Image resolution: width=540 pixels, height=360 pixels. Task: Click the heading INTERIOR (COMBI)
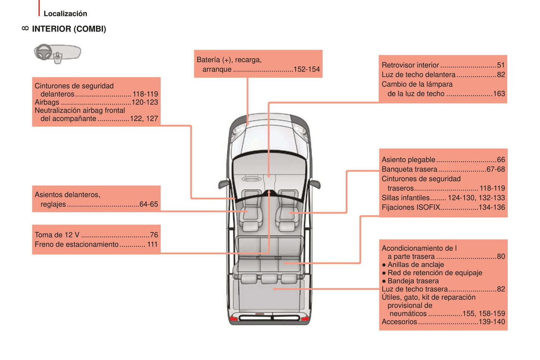tap(69, 29)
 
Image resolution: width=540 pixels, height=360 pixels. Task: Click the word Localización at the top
tap(65, 14)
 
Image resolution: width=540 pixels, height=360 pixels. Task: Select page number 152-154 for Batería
tap(306, 69)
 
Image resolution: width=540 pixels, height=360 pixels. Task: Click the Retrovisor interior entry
tap(410, 65)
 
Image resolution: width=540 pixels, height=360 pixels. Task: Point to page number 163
tap(499, 94)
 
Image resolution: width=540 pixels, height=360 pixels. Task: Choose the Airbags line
tap(47, 102)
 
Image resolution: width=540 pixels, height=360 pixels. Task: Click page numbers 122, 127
tap(144, 119)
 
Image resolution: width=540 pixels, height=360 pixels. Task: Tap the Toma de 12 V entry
tap(57, 235)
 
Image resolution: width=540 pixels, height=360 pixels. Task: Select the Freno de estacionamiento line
tap(77, 245)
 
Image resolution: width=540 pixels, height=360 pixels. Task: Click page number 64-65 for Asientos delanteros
tap(148, 205)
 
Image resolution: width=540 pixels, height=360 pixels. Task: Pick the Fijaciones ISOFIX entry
tap(411, 208)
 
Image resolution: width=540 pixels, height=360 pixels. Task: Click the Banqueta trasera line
tap(409, 170)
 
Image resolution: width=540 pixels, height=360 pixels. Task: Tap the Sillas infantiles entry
tap(405, 198)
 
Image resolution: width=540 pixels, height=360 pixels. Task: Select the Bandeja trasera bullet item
tap(413, 281)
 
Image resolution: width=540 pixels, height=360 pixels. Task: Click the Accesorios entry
tap(399, 322)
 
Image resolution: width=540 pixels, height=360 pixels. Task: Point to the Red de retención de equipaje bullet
tap(434, 273)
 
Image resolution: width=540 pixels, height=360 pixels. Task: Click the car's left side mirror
tap(224, 184)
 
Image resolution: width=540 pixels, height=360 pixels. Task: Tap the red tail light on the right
tap(305, 318)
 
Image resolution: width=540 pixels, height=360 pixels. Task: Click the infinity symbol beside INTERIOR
tap(25, 28)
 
